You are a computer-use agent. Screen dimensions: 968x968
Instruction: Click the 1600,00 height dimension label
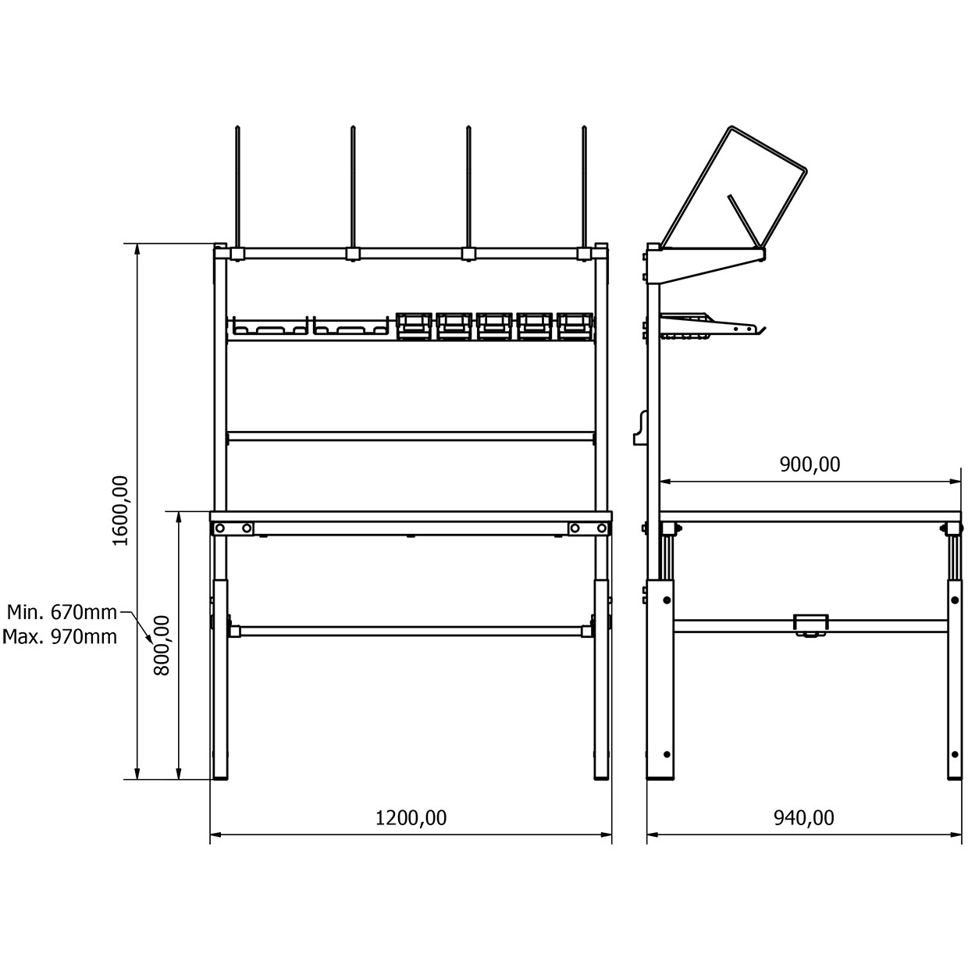(x=121, y=511)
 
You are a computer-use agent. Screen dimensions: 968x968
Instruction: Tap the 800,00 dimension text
(x=162, y=646)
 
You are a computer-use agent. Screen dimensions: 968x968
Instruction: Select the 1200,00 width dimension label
(x=411, y=818)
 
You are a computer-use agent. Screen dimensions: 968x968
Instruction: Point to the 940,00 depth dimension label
(x=804, y=818)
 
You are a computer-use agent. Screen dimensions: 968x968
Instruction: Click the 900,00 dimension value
(x=810, y=464)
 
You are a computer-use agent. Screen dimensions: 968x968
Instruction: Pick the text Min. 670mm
(x=62, y=612)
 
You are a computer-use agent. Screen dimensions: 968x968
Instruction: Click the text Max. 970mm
(x=60, y=636)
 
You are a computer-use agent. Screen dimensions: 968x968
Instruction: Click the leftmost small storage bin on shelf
(x=414, y=326)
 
